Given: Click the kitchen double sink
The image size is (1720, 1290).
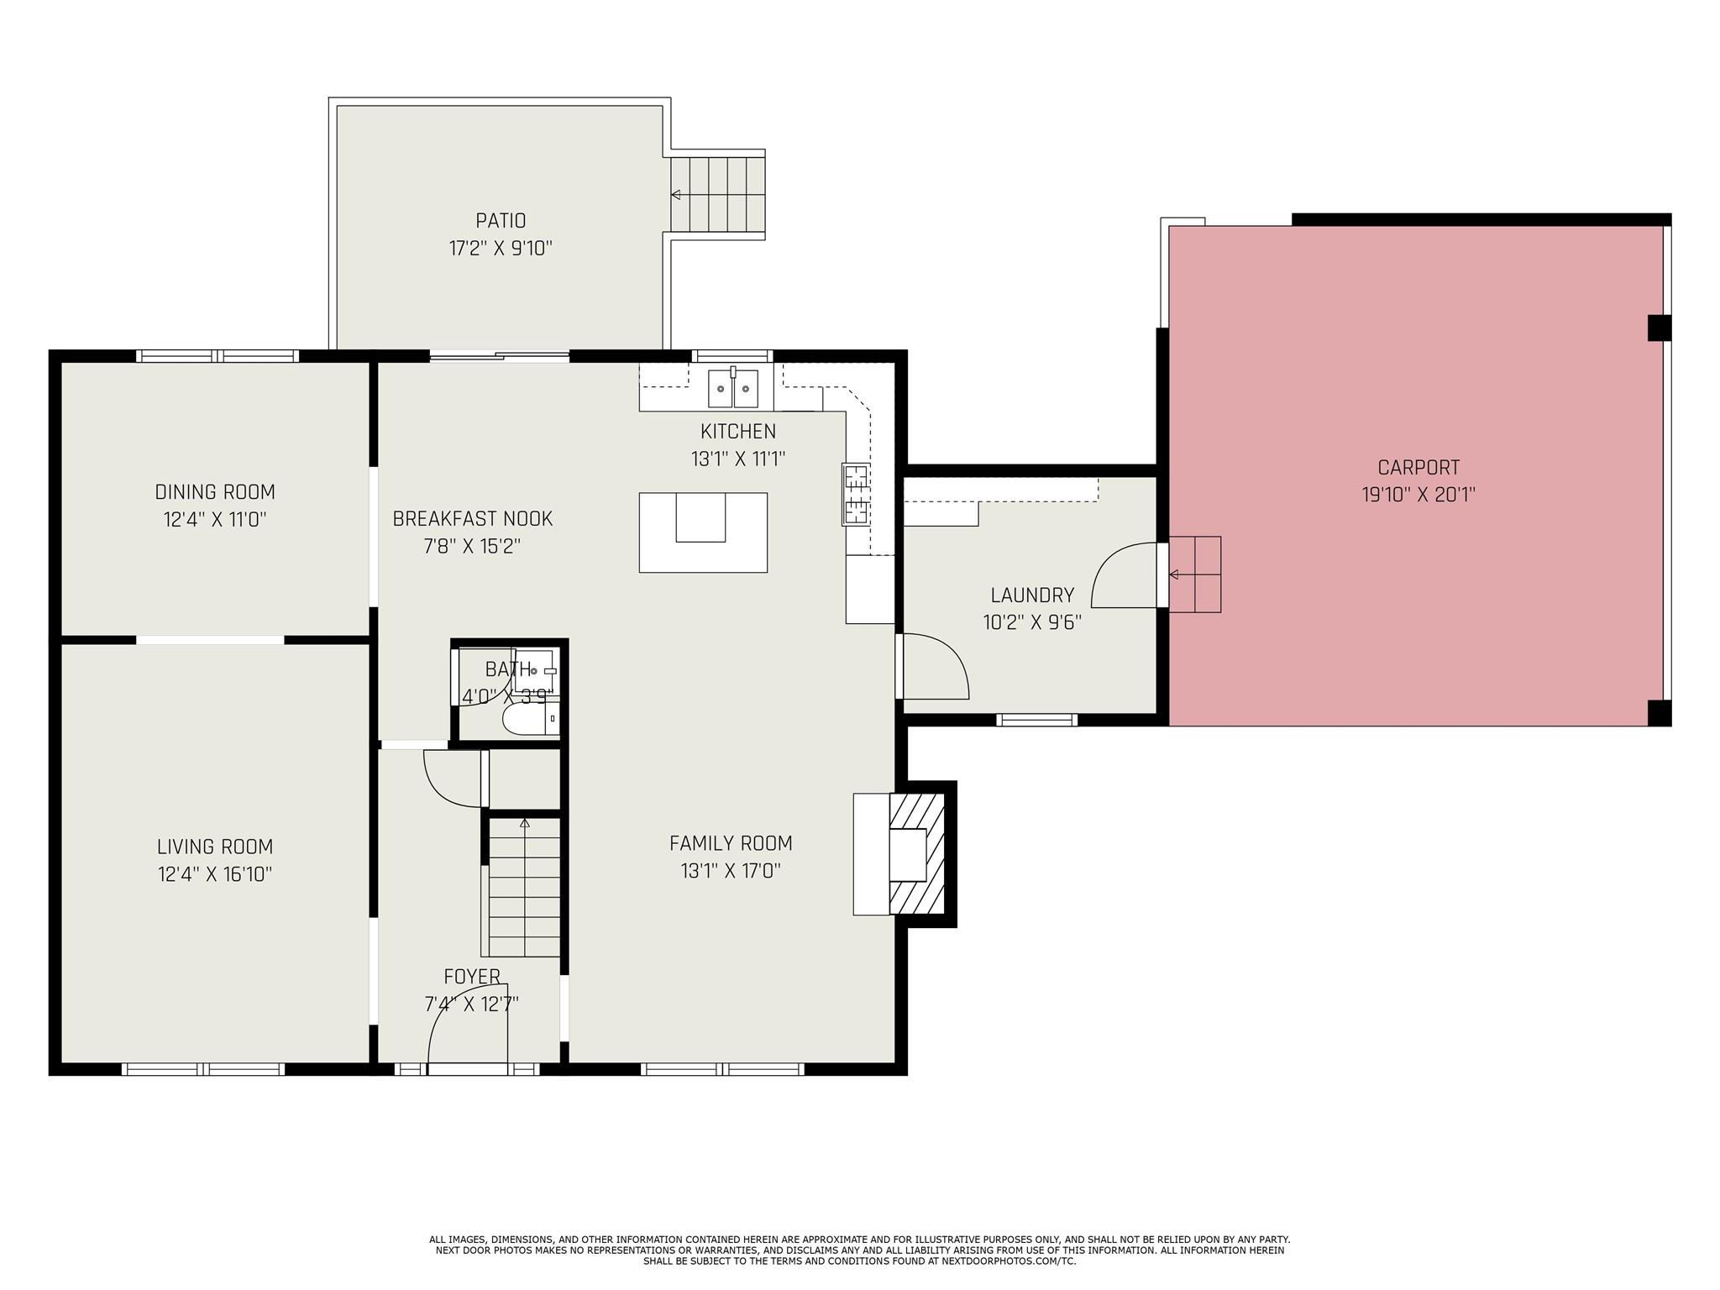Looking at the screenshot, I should pos(733,388).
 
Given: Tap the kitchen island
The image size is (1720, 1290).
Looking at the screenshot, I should pos(703,532).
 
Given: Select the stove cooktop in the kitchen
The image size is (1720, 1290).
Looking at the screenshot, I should pos(856,495).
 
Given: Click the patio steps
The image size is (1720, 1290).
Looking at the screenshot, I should pos(717,195).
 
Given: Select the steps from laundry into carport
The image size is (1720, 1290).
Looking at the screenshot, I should pos(1195,574).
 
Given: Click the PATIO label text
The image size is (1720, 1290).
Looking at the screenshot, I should pos(501,221).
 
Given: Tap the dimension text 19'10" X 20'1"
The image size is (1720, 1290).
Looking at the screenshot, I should pos(1418,495).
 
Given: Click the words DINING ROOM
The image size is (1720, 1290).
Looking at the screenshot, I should pos(215,492).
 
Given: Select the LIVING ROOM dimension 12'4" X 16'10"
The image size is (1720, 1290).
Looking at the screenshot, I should pos(215,874).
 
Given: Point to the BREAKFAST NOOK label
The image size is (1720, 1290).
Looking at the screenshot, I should pos(473,519).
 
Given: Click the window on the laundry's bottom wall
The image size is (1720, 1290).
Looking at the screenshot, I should pos(1036,720).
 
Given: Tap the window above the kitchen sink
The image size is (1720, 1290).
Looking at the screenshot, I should pos(732,355).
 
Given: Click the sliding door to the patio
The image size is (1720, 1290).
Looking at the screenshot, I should pos(500,357).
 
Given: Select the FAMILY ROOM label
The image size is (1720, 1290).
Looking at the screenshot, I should pos(731,843).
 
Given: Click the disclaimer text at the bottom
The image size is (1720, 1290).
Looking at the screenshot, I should pos(859,1250).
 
